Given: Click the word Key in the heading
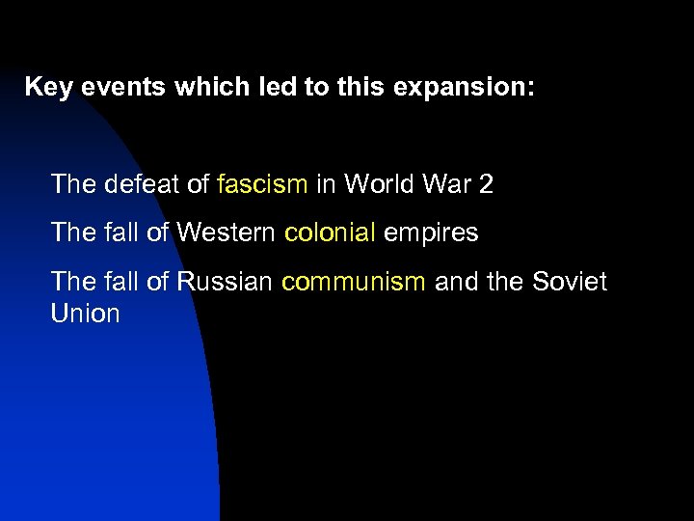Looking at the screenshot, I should pyautogui.click(x=46, y=87).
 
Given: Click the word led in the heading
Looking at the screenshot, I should pyautogui.click(x=272, y=87).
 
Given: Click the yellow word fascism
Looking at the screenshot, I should pyautogui.click(x=263, y=183).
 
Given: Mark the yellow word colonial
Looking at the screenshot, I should pyautogui.click(x=331, y=233).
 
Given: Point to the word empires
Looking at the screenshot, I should pyautogui.click(x=432, y=233).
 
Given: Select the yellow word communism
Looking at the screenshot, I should pyautogui.click(x=353, y=282).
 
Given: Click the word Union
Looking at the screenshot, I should pyautogui.click(x=86, y=314).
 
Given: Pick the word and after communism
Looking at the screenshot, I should pyautogui.click(x=456, y=282).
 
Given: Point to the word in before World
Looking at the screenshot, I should pyautogui.click(x=325, y=183).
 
